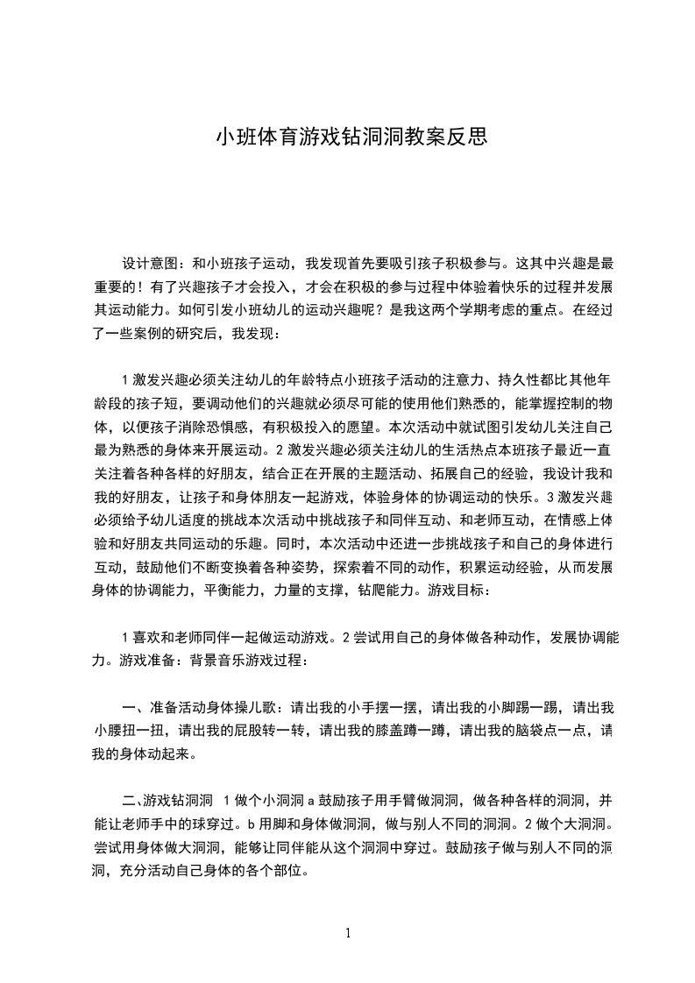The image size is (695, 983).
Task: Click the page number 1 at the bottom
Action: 348,933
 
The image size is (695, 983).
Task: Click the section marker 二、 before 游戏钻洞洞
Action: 133,801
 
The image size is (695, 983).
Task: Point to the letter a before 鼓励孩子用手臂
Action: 310,801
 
